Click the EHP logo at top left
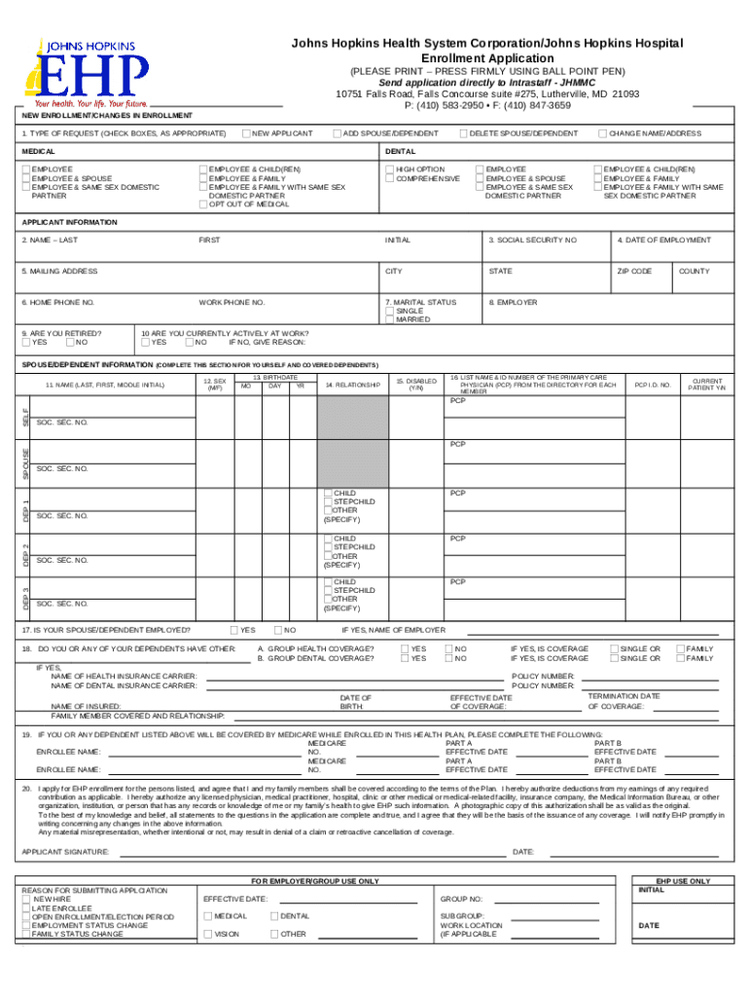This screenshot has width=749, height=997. tap(92, 71)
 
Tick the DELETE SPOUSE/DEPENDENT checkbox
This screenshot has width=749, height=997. tap(463, 132)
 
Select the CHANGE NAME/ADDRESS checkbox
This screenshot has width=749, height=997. tap(602, 132)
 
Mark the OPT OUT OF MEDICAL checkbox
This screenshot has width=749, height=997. tap(202, 204)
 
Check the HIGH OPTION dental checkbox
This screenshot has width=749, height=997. tap(389, 169)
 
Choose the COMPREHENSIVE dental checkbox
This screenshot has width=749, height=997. tap(389, 178)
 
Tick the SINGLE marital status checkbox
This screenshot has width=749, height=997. tap(389, 311)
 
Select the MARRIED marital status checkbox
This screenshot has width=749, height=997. tap(389, 319)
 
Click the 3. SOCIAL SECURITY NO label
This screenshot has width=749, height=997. tap(532, 240)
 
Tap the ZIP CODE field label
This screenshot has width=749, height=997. tap(634, 271)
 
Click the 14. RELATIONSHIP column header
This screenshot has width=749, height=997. tap(352, 386)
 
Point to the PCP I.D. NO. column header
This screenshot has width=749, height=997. tap(653, 386)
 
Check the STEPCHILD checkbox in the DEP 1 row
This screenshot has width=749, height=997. tap(328, 502)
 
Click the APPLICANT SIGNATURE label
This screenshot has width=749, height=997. tap(65, 852)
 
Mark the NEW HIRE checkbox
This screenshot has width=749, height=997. tap(26, 900)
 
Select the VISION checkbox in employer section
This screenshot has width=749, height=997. tap(206, 934)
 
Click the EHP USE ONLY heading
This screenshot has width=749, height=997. tap(683, 881)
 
